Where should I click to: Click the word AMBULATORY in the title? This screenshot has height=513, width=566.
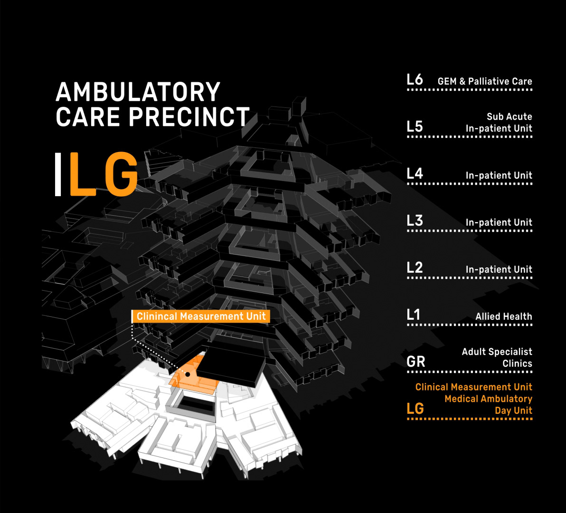point(138,92)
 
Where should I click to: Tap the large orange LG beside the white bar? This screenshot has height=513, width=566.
point(104,174)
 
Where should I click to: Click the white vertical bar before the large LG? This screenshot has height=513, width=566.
point(58,174)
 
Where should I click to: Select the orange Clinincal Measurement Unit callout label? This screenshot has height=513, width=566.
point(201,316)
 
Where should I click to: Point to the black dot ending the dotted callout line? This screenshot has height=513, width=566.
point(188,374)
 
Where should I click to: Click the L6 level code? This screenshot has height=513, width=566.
point(415,80)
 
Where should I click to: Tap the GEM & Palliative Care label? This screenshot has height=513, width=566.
point(484,81)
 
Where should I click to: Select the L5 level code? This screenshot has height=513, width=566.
point(415,127)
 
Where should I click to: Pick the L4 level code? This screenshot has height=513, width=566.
point(415,174)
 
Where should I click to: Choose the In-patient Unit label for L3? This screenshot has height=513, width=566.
point(499,222)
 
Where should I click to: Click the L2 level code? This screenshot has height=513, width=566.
point(415,268)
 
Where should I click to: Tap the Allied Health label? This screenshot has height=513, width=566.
point(503,316)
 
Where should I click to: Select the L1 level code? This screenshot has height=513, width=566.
point(414,315)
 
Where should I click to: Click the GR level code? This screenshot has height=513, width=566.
point(415,362)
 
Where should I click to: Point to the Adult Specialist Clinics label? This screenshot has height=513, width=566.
point(497,358)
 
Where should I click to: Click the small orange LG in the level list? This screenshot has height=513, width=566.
point(415,409)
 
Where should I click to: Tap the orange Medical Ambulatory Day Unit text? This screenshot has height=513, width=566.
point(488,405)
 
